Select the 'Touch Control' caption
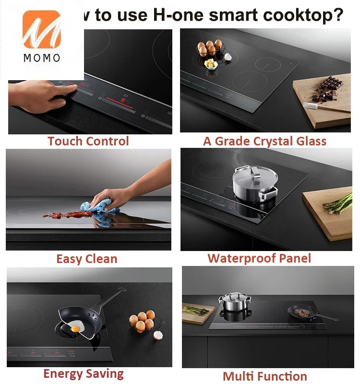pyautogui.click(x=88, y=141)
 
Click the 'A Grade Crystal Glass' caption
pyautogui.click(x=264, y=141)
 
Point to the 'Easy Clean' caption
pyautogui.click(x=86, y=259)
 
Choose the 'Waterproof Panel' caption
pyautogui.click(x=259, y=258)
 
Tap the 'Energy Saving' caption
pyautogui.click(x=84, y=373)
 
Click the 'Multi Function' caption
pyautogui.click(x=264, y=376)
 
